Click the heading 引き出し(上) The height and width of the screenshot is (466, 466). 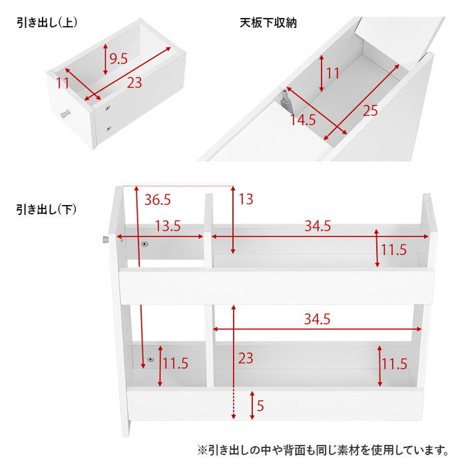(47, 23)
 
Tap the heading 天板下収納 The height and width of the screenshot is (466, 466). (268, 23)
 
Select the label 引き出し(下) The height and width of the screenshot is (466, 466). (47, 210)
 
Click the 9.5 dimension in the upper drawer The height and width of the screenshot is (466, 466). (118, 59)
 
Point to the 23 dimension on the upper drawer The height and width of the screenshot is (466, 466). (134, 83)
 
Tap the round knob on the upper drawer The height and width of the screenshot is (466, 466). (66, 114)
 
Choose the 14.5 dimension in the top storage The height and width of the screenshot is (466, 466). (303, 120)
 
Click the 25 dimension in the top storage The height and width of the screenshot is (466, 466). (370, 111)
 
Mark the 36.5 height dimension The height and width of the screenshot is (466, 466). (158, 200)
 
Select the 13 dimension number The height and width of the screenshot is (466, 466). (246, 199)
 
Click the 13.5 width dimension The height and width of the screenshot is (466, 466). (168, 226)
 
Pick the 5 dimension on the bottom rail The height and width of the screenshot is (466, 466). (260, 405)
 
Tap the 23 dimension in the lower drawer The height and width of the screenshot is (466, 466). (246, 358)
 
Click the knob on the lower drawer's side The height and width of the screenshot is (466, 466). (106, 240)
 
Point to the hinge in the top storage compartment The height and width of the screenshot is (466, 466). (286, 99)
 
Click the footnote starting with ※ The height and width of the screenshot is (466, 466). (323, 450)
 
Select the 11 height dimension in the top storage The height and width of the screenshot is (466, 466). (333, 73)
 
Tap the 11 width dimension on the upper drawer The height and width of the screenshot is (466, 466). (63, 83)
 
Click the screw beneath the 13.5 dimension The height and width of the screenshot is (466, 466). (145, 244)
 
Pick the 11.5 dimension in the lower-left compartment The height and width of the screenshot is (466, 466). (175, 363)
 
